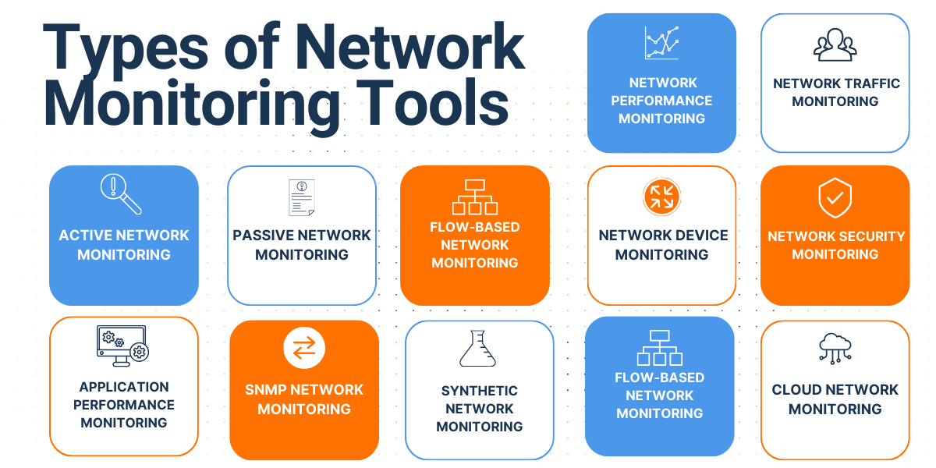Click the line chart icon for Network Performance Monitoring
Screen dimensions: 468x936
[661, 44]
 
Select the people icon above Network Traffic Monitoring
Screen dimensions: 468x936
[835, 45]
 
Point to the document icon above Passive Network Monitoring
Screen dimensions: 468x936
[301, 198]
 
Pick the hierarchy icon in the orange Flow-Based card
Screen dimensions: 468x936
[474, 197]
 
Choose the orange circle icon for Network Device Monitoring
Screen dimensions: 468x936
[661, 197]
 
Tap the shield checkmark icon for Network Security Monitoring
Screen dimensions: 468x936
[835, 198]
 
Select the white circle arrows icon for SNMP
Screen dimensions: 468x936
[303, 348]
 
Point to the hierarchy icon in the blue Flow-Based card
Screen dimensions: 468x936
[660, 347]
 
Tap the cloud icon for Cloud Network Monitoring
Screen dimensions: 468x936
[835, 348]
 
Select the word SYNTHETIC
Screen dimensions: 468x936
[479, 390]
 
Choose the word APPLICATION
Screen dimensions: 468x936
[123, 386]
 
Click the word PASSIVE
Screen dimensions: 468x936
[263, 235]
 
